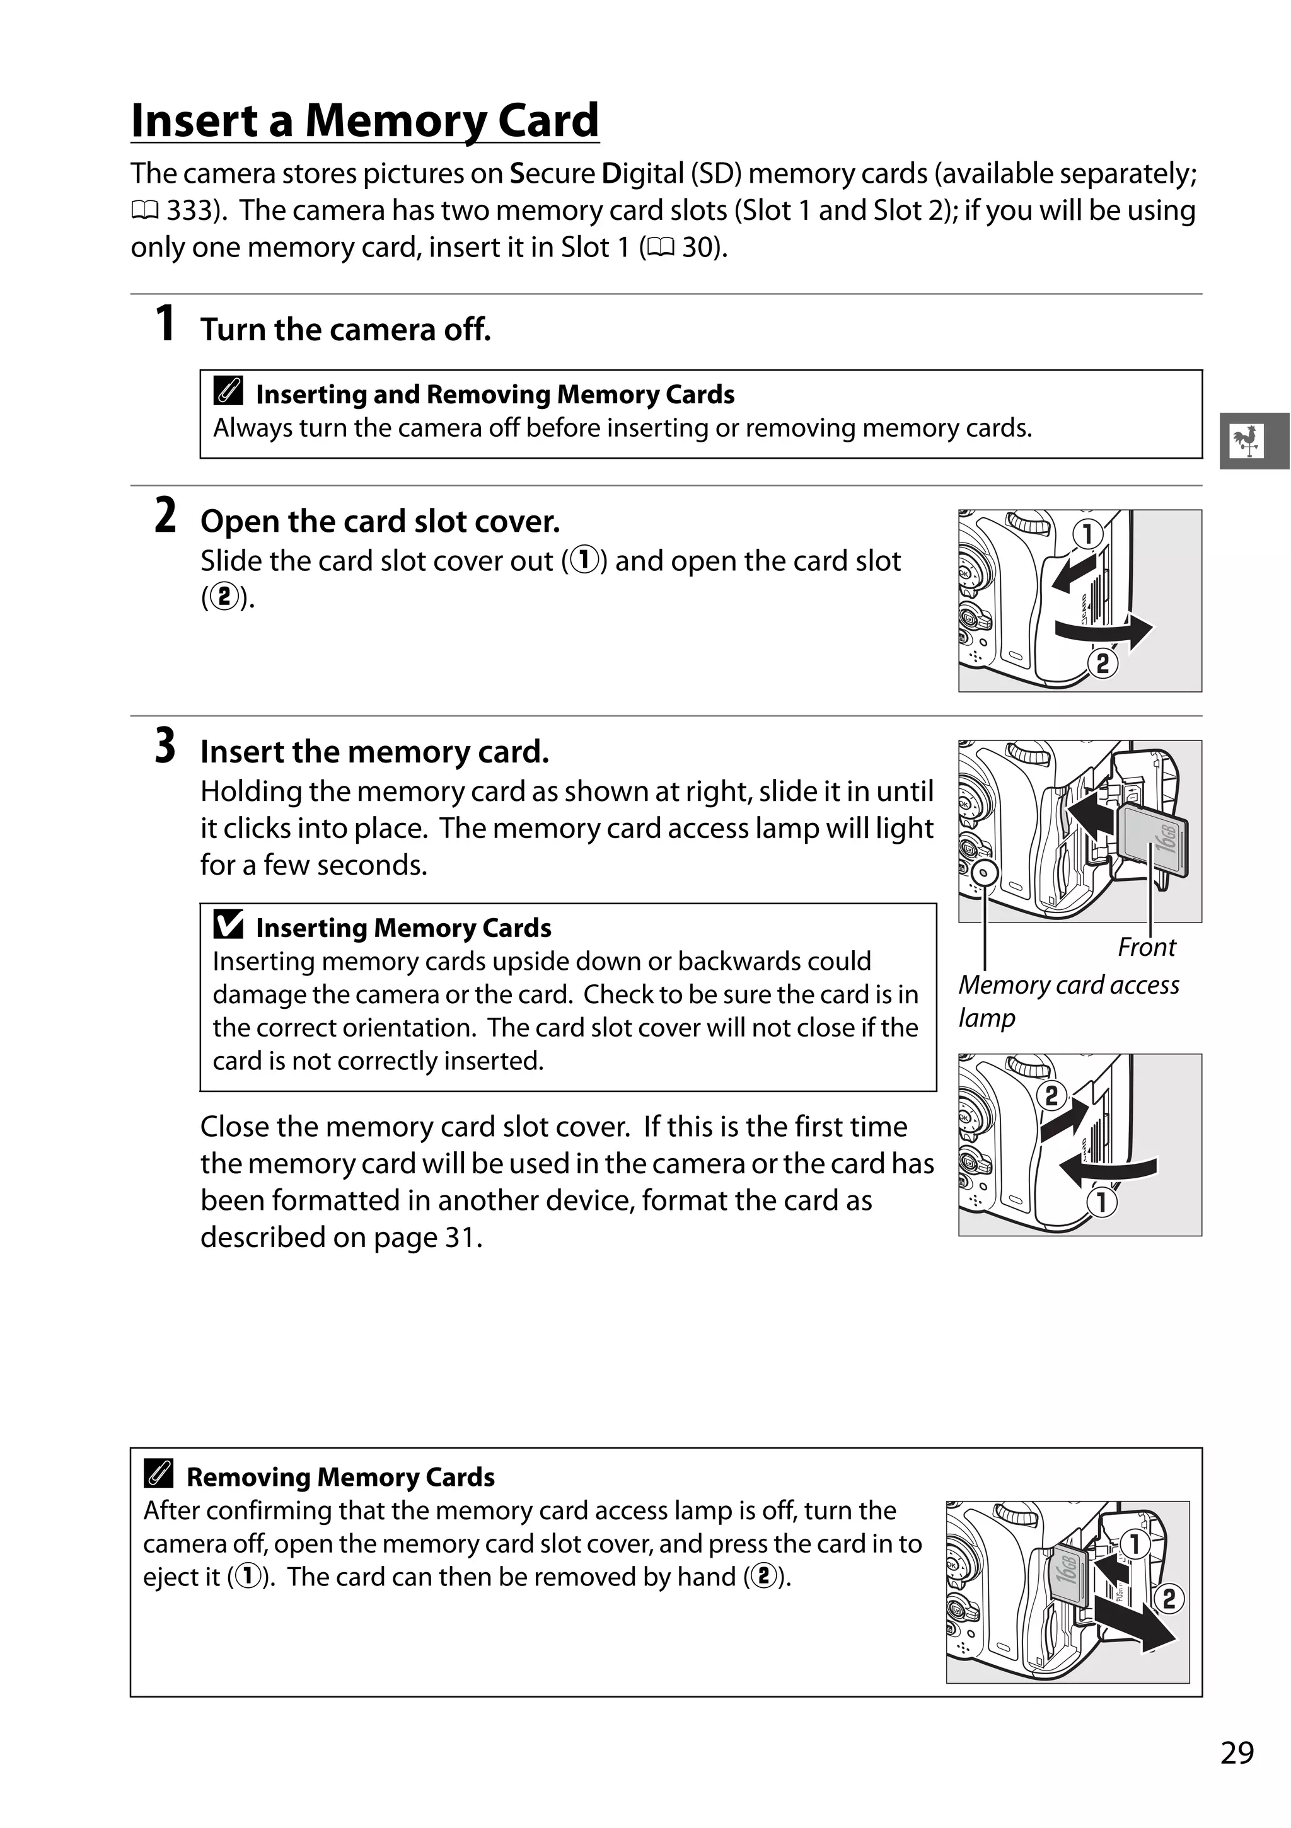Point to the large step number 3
(165, 746)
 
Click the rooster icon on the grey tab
(1246, 440)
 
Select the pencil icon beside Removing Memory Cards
(158, 1474)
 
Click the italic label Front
(1146, 946)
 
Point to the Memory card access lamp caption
(1067, 1000)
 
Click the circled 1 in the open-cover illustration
(1087, 534)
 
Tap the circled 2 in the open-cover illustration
(1103, 662)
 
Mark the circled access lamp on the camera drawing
(985, 872)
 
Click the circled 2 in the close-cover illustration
(1051, 1096)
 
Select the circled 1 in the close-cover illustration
(1103, 1202)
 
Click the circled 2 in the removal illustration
(1168, 1598)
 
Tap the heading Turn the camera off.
(345, 330)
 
